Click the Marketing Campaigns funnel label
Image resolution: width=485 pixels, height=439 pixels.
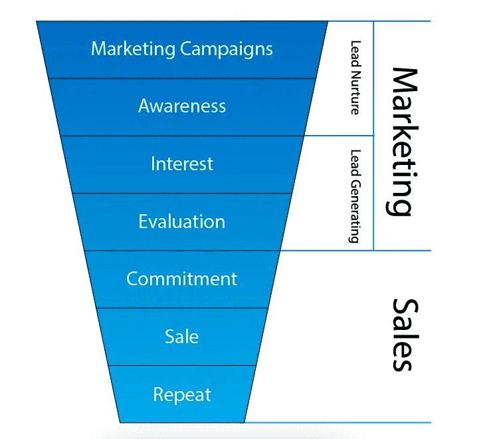pyautogui.click(x=181, y=49)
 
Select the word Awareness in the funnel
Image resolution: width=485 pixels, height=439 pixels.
pyautogui.click(x=181, y=106)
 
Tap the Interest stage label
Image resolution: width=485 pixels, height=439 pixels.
pyautogui.click(x=181, y=164)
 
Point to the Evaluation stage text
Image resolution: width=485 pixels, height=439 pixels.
pyautogui.click(x=181, y=221)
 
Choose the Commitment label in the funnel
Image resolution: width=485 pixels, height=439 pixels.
pyautogui.click(x=181, y=279)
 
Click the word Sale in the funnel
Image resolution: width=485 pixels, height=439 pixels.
pyautogui.click(x=181, y=337)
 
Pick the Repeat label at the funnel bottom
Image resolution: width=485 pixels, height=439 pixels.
pyautogui.click(x=181, y=394)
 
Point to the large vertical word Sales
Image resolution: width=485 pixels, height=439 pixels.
pyautogui.click(x=403, y=334)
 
